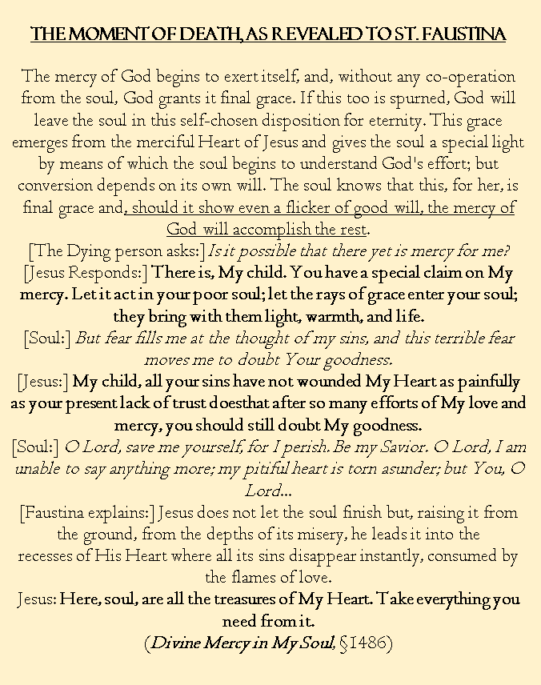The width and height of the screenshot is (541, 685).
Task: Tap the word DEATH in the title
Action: pos(198,34)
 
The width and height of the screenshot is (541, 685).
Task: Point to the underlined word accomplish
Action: pos(274,230)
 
